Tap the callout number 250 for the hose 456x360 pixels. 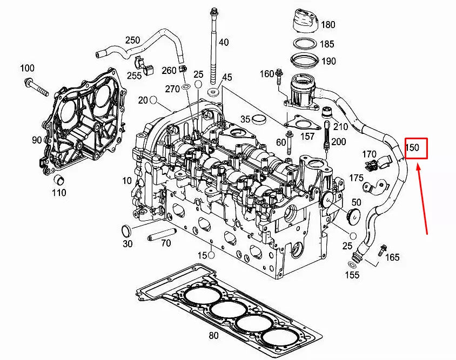tap(132, 40)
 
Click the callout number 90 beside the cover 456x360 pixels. tap(37, 140)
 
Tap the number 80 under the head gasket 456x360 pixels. tap(213, 336)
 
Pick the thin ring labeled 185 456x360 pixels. tap(305, 44)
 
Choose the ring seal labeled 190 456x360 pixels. tap(305, 59)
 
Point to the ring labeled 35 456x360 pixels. tap(260, 119)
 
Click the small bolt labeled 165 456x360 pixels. tap(383, 249)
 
